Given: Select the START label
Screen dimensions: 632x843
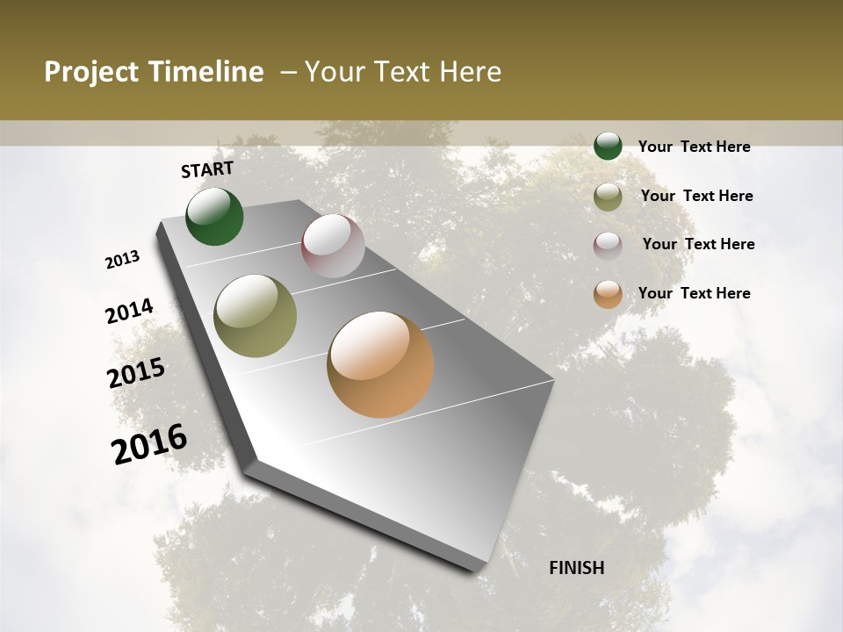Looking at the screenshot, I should point(207,169).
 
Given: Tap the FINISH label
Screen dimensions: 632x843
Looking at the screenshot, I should point(576,568).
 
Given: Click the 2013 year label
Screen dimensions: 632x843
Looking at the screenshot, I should point(122,260).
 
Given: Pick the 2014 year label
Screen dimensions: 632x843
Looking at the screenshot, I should point(129,312).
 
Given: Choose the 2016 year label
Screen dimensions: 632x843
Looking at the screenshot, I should point(149,444).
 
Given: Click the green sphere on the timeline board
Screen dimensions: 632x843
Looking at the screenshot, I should point(214,216).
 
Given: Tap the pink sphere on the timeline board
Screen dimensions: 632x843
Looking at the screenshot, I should point(333,246).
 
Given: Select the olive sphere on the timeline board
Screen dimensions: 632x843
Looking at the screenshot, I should point(256,316).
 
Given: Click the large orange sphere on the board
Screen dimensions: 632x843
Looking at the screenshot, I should point(380,364).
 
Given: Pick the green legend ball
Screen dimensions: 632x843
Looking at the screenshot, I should point(608,146).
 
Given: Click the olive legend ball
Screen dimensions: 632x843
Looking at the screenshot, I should point(608,197).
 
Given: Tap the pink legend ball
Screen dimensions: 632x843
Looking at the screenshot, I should point(608,245).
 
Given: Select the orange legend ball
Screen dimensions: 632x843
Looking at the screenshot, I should point(608,294).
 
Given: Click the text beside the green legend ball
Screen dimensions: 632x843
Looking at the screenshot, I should point(694,147).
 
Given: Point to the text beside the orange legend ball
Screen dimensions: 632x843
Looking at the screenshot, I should point(694,293).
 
